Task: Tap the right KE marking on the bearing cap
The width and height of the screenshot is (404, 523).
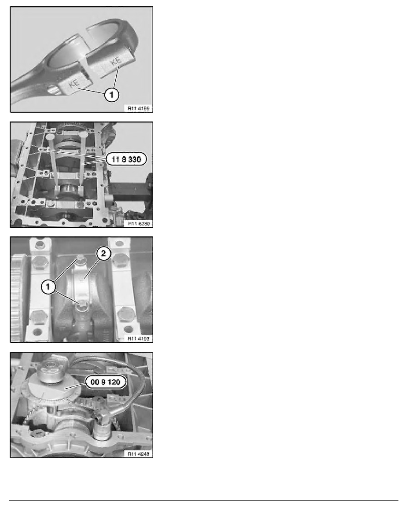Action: pyautogui.click(x=116, y=63)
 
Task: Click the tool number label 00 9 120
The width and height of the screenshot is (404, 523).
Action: pyautogui.click(x=107, y=383)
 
